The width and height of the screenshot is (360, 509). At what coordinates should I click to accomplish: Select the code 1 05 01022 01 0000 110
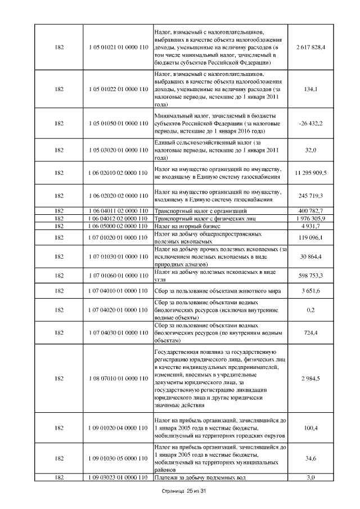coord(118,89)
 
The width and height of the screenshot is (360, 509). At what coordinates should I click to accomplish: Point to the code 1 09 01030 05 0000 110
coord(118,458)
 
